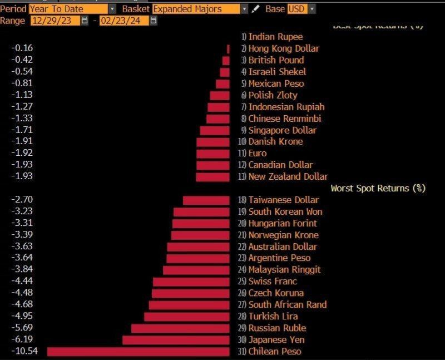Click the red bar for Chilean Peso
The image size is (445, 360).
[138, 351]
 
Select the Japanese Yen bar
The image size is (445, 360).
[176, 339]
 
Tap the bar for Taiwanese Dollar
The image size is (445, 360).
[206, 200]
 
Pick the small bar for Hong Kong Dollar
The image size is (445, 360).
[228, 48]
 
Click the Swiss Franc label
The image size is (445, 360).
[273, 281]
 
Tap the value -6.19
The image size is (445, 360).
[23, 339]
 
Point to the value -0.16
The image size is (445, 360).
[23, 48]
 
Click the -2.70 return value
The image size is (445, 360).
[23, 200]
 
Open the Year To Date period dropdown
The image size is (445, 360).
[72, 9]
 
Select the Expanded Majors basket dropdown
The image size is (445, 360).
[200, 9]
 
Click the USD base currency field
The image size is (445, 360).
[301, 9]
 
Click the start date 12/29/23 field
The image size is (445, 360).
[55, 21]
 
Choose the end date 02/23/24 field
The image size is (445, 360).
[123, 21]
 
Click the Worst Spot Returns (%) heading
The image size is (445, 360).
[378, 188]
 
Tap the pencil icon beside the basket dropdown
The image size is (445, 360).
[255, 9]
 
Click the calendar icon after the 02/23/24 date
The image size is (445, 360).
[154, 21]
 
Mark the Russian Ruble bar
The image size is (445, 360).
[180, 328]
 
